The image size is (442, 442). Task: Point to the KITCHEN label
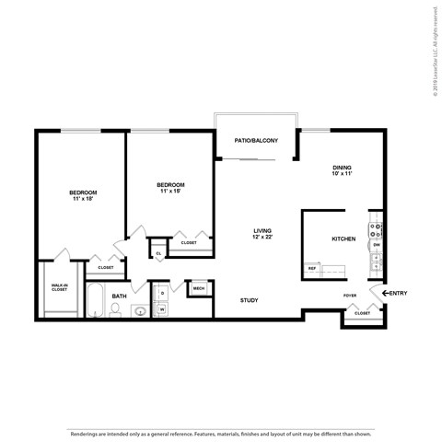click(343, 238)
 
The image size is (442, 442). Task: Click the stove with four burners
click(376, 227)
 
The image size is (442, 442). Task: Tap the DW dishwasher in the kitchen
click(376, 245)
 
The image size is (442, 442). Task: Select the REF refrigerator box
click(311, 270)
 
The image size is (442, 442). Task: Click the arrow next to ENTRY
click(384, 294)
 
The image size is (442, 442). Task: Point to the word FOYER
click(351, 296)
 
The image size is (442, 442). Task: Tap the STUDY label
click(249, 300)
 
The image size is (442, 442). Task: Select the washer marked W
click(161, 309)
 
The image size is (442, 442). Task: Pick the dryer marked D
click(161, 293)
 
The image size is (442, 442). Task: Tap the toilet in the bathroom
click(115, 309)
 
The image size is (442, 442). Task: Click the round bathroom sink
click(140, 311)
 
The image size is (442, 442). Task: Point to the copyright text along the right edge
click(434, 47)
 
